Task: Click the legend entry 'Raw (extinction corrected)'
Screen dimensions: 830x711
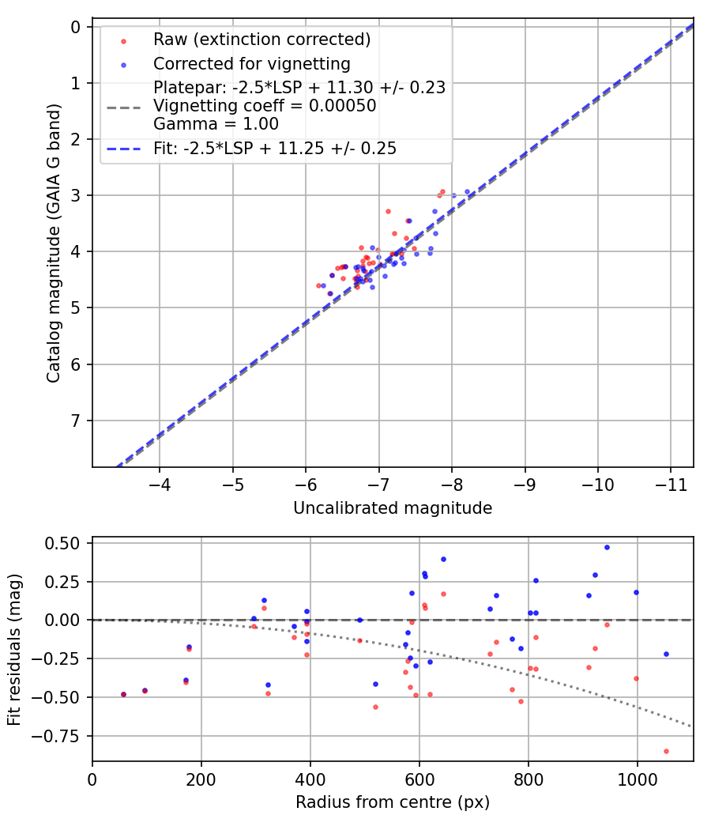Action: pyautogui.click(x=261, y=40)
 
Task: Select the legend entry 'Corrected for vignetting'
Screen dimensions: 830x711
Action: pyautogui.click(x=251, y=63)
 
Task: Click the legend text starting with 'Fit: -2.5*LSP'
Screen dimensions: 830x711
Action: pyautogui.click(x=275, y=149)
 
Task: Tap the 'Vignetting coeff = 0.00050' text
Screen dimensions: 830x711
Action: pyautogui.click(x=265, y=105)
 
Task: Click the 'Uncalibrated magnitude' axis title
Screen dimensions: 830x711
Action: pyautogui.click(x=393, y=508)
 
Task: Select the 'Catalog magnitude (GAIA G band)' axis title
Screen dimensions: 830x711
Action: pyautogui.click(x=53, y=247)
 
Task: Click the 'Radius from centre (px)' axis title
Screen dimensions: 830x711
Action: pyautogui.click(x=393, y=802)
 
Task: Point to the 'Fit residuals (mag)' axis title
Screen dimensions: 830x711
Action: pyautogui.click(x=15, y=650)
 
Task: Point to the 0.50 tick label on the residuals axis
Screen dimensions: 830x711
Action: pyautogui.click(x=62, y=543)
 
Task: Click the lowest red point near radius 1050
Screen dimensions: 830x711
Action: pyautogui.click(x=666, y=751)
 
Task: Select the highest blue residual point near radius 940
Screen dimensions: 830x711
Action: pyautogui.click(x=607, y=547)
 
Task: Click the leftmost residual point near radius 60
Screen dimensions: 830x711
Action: pyautogui.click(x=123, y=694)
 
